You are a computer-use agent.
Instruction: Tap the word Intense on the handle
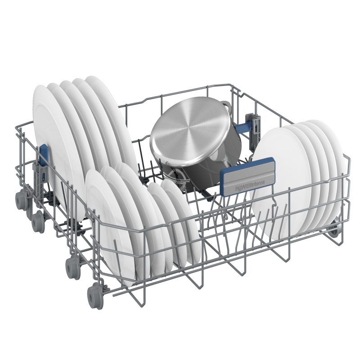click(x=258, y=183)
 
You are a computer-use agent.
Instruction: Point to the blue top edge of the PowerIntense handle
click(x=247, y=164)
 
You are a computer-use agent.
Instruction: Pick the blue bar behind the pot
click(x=243, y=128)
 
